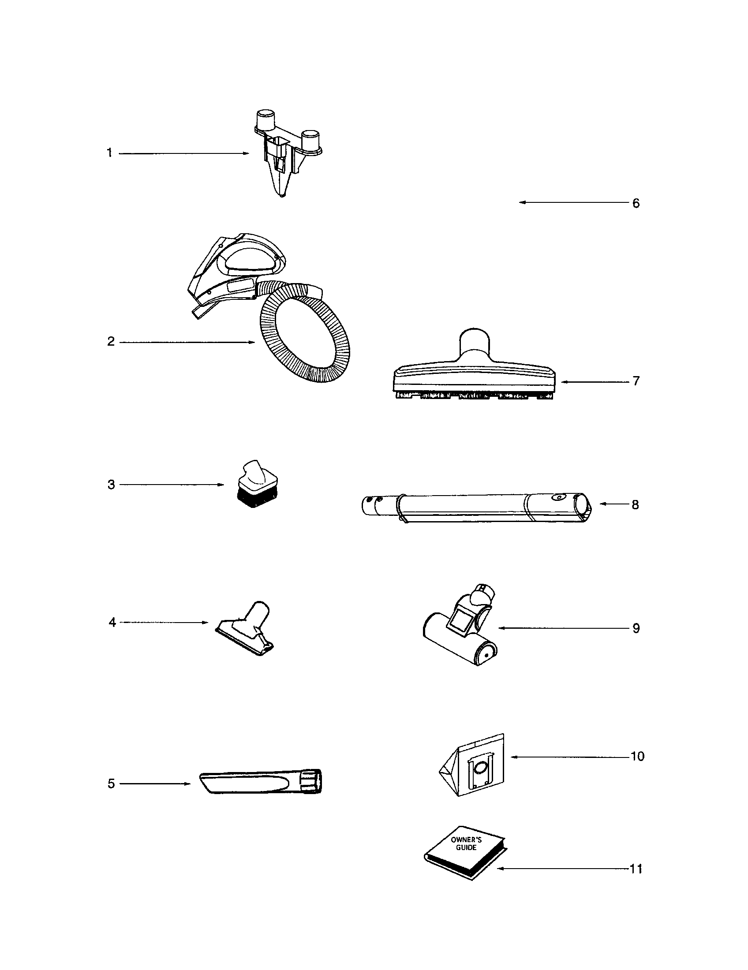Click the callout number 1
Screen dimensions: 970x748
[109, 153]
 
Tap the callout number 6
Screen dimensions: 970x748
[636, 203]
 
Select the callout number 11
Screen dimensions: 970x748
[636, 869]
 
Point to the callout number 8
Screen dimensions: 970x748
[635, 504]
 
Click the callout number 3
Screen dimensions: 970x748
[111, 485]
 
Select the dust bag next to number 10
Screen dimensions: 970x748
[472, 765]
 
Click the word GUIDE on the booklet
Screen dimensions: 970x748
[466, 847]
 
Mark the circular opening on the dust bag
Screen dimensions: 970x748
[479, 767]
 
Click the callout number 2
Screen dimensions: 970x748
[111, 342]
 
